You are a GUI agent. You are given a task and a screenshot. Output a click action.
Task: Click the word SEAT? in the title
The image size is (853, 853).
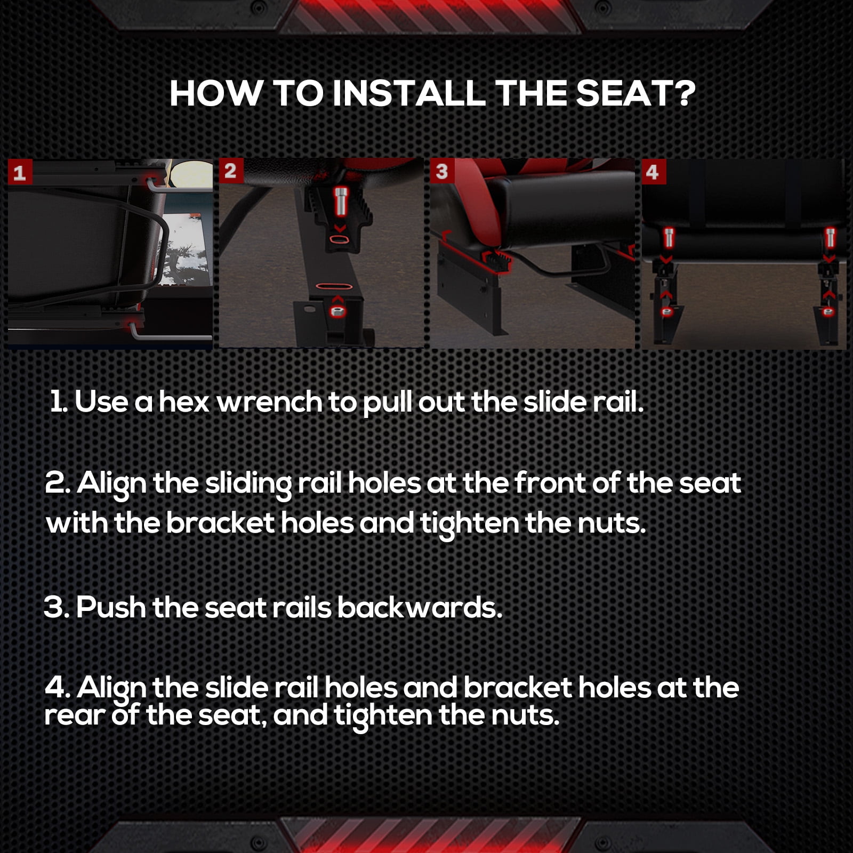tap(635, 94)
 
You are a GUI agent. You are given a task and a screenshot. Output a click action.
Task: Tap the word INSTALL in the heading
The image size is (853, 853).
tap(409, 94)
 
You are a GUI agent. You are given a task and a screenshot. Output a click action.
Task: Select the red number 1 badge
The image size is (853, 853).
tap(20, 172)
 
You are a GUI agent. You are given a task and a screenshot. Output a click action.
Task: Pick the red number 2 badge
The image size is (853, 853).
tap(231, 171)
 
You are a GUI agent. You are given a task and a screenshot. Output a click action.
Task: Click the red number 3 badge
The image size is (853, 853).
tap(442, 171)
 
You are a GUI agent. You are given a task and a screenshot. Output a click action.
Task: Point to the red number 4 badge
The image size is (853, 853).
tap(653, 172)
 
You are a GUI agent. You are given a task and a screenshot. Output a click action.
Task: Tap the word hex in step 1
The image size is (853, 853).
tap(183, 402)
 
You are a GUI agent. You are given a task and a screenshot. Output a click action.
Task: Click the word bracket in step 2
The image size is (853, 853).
tap(220, 523)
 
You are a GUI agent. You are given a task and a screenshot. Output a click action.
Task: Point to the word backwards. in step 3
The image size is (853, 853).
tap(420, 607)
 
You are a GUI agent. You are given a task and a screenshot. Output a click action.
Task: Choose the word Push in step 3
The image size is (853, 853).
tap(110, 607)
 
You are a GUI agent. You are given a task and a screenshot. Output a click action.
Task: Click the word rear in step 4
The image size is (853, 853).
tap(74, 715)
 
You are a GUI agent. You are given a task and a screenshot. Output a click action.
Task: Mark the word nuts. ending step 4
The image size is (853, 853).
tap(525, 715)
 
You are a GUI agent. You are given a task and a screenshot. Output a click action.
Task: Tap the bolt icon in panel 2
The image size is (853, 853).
tap(340, 202)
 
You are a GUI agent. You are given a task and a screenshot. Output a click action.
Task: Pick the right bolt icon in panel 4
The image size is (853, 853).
tap(830, 237)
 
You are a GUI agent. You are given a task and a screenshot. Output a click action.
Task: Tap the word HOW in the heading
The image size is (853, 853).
tap(216, 94)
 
